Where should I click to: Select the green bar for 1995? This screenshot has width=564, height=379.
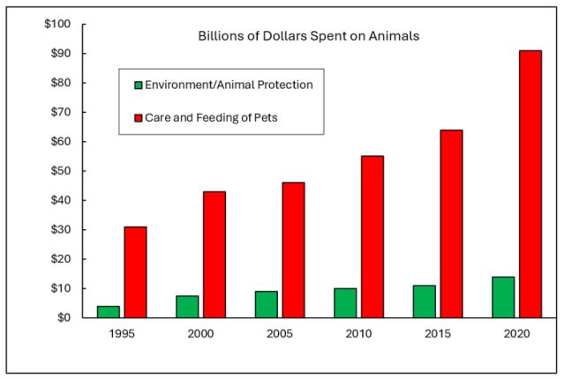coord(109,311)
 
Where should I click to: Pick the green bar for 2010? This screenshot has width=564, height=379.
coord(345,302)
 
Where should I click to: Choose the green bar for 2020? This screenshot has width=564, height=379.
coord(503,296)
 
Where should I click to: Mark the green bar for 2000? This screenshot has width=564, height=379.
coord(187,306)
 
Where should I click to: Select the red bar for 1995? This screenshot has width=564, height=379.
coord(135,271)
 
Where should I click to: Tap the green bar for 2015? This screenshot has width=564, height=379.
coord(425,301)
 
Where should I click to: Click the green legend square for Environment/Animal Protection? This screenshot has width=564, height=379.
coord(138,85)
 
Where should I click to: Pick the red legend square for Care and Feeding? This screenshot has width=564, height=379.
coord(138,116)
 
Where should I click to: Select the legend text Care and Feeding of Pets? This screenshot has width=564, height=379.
coord(212,116)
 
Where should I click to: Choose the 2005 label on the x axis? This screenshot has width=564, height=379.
coord(280,335)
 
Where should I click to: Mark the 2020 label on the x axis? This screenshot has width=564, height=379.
coord(516,335)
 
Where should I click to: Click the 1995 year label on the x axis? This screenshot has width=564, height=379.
coord(122,335)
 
